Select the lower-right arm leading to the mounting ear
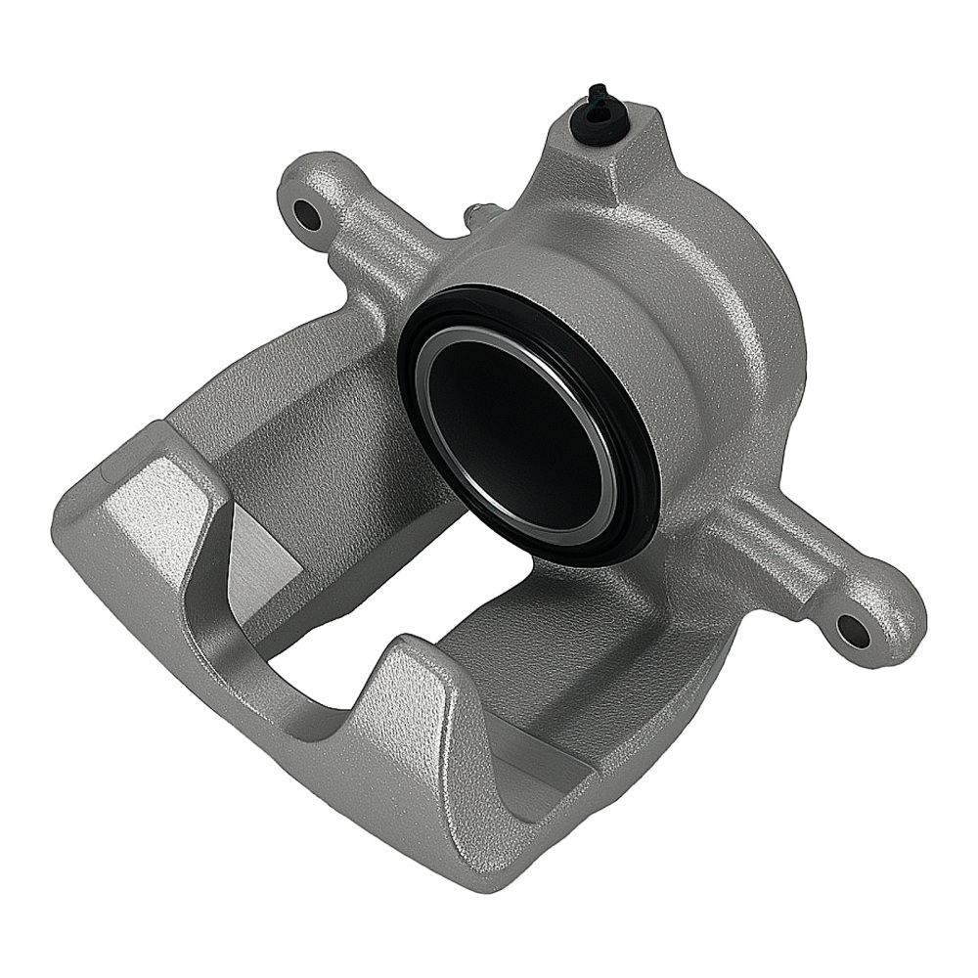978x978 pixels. coord(773,557)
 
